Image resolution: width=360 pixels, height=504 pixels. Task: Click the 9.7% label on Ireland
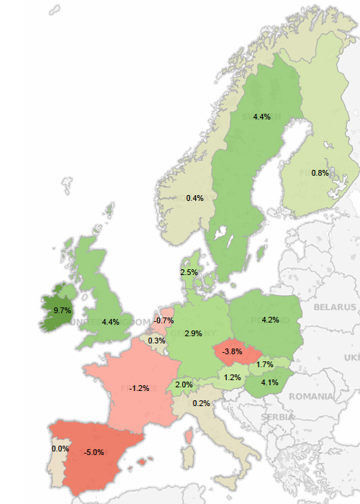tap(63, 310)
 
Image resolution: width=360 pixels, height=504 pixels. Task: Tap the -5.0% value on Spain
tap(94, 452)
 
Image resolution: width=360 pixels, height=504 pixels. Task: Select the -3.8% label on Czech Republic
tap(232, 351)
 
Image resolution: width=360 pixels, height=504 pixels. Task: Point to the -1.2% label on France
tap(139, 388)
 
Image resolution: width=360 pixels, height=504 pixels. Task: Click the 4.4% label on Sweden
tap(261, 117)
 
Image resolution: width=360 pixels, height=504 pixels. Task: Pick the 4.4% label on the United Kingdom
tap(110, 322)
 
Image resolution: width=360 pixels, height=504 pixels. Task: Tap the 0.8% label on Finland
tap(320, 173)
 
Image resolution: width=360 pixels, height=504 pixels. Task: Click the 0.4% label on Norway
tap(194, 198)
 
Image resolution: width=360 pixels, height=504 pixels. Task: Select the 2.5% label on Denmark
tap(189, 273)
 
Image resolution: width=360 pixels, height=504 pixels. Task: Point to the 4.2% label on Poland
tap(271, 320)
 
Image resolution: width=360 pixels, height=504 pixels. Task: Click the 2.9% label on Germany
tap(193, 334)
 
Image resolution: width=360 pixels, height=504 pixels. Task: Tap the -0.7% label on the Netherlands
tap(164, 320)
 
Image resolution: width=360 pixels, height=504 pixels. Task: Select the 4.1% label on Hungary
tap(270, 382)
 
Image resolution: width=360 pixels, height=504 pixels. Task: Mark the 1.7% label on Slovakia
tap(264, 365)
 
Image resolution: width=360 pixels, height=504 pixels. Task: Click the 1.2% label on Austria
tap(232, 377)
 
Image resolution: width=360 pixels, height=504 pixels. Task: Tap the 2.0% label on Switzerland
tap(184, 385)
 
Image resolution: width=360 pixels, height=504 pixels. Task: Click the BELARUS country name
tap(334, 307)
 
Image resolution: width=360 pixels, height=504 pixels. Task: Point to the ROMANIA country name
tap(311, 397)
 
